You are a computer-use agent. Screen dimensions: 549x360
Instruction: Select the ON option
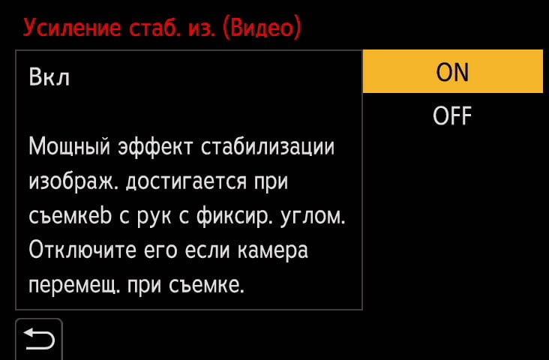(x=452, y=71)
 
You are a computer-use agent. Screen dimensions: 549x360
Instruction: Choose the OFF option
(x=452, y=115)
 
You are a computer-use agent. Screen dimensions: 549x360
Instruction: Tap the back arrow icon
(x=39, y=339)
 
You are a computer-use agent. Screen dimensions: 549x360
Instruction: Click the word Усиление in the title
(x=73, y=28)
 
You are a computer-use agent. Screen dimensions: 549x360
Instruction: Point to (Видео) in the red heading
(x=262, y=27)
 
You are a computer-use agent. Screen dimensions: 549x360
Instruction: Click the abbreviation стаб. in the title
(x=155, y=27)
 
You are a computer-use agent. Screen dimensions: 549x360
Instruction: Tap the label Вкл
(x=49, y=76)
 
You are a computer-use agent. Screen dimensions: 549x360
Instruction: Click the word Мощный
(x=69, y=147)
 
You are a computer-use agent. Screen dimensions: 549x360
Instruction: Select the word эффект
(x=155, y=147)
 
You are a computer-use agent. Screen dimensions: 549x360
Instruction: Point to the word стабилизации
(x=268, y=147)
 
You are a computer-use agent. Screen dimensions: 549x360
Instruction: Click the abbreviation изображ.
(x=73, y=181)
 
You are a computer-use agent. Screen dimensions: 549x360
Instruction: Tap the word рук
(x=153, y=216)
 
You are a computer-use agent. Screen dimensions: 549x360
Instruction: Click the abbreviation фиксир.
(x=235, y=216)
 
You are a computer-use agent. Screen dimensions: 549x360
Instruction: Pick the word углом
(x=313, y=216)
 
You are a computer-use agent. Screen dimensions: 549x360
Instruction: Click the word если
(x=207, y=250)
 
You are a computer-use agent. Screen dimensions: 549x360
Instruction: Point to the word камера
(x=273, y=250)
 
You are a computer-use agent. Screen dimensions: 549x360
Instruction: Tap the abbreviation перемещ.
(x=74, y=285)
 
